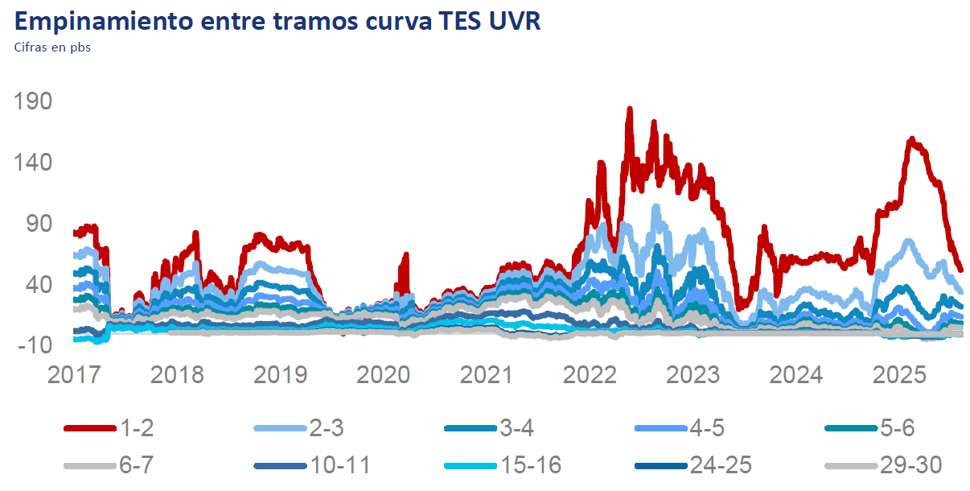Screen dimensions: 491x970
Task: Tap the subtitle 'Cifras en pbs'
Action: pyautogui.click(x=52, y=47)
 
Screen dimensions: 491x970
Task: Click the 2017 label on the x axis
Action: pyautogui.click(x=74, y=375)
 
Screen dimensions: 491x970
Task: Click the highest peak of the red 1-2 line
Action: pyautogui.click(x=630, y=109)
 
